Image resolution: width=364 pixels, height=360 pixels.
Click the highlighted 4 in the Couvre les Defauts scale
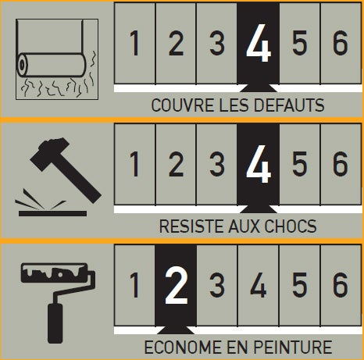[x=259, y=43]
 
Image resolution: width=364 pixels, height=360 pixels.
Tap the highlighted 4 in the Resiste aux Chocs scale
[x=259, y=164]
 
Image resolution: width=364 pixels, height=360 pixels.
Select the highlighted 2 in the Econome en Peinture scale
[x=177, y=285]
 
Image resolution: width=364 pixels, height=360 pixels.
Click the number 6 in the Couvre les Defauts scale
[x=340, y=43]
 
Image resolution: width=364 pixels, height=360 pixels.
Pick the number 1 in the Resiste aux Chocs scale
[x=134, y=164]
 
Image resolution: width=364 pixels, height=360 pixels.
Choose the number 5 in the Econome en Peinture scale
[x=299, y=285]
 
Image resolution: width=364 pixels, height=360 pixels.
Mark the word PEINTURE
[x=293, y=347]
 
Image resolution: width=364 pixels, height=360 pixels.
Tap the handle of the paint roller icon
[x=55, y=323]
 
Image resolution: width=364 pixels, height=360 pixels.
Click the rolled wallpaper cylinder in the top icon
[x=52, y=65]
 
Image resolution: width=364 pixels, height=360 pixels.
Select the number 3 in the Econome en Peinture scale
[x=217, y=285]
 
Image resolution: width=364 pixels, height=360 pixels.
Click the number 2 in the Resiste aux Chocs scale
[x=177, y=164]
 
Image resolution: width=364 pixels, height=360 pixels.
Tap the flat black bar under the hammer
[x=52, y=214]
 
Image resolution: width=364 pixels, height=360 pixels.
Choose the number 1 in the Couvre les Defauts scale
[x=134, y=43]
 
